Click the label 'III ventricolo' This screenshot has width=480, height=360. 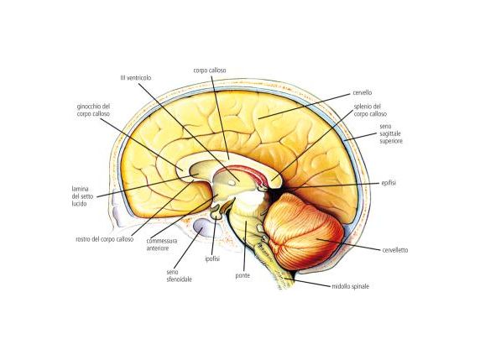point(136,78)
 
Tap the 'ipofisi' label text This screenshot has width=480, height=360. point(212,259)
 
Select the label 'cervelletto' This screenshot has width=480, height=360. point(395,250)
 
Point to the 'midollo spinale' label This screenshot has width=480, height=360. point(351,286)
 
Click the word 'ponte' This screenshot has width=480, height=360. point(243,275)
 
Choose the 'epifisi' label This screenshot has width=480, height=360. point(389,183)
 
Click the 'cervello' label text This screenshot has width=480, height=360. point(363,92)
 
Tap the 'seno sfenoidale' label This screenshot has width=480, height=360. point(179,275)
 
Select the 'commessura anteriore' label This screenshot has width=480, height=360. point(162,244)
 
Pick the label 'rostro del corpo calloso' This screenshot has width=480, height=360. point(105,239)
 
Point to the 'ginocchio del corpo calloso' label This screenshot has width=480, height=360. point(93,110)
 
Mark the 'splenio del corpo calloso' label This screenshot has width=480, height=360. point(370,110)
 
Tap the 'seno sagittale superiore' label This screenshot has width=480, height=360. point(391,133)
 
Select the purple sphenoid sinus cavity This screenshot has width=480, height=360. point(202,227)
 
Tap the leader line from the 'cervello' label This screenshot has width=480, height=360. point(304,107)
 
